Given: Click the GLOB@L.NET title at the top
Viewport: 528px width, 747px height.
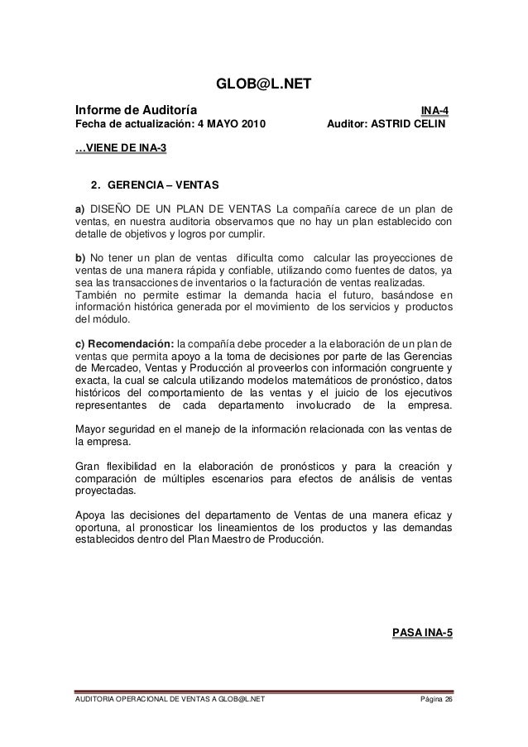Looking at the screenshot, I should click(x=263, y=84).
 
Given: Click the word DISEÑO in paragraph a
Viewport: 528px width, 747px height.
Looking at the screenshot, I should click(x=110, y=207).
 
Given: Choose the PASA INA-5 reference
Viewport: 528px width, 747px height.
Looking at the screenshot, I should click(x=420, y=634).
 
